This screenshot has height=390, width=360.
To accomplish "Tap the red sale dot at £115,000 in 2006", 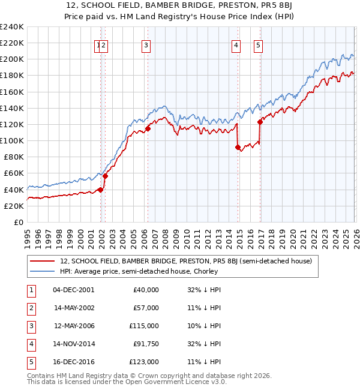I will [148, 128].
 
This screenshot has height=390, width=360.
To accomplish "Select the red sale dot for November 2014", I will [238, 147].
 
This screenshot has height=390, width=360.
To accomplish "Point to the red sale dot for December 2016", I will [260, 122].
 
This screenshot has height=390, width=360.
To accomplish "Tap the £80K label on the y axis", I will [13, 157].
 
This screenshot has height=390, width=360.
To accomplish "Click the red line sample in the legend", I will [43, 261].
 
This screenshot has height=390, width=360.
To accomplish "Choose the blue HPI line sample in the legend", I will [43, 271].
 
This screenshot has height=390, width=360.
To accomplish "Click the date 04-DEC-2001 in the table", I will [73, 289].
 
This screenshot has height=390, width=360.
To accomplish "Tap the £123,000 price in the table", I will [144, 362].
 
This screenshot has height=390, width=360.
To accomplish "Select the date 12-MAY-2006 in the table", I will [73, 326].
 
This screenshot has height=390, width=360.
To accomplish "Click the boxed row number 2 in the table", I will [31, 308].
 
